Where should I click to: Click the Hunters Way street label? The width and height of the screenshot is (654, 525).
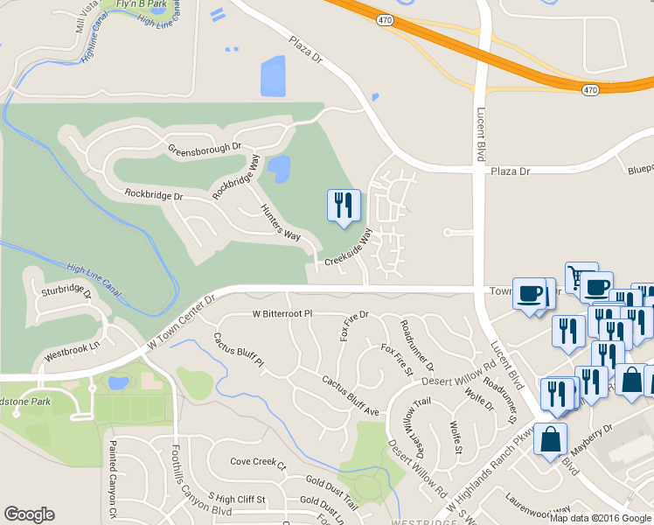coord(281,223)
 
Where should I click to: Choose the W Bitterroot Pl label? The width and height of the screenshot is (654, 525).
coord(282,312)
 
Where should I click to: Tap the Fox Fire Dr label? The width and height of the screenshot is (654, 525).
coord(353,326)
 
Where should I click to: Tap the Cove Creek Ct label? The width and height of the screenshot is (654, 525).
coord(257,461)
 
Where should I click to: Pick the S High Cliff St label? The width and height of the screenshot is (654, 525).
coord(230,499)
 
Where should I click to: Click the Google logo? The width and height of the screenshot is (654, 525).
coord(30,514)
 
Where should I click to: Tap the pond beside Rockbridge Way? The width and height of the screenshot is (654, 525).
coord(279,169)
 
